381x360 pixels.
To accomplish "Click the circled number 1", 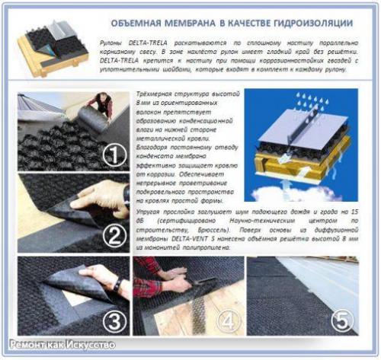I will (115, 157).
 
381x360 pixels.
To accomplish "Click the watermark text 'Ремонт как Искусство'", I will (62, 345).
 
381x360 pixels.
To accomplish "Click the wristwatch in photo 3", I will (117, 285).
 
